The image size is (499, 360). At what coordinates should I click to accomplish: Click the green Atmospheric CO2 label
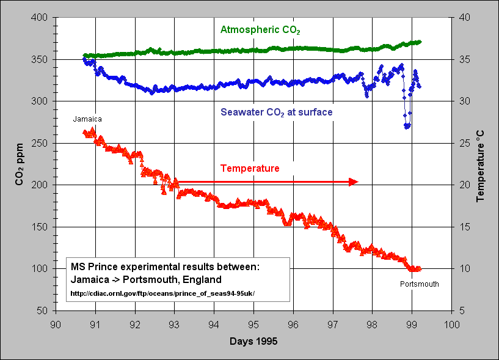[260, 29]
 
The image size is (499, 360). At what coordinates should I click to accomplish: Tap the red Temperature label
[250, 168]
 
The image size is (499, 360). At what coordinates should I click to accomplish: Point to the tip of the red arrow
[357, 182]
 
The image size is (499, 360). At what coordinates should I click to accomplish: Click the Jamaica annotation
[87, 119]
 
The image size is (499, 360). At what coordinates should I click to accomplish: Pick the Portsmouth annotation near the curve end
[419, 284]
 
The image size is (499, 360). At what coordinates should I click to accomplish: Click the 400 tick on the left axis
[40, 18]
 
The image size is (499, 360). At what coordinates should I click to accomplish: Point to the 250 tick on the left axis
[40, 143]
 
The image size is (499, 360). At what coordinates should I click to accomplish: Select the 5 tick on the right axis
[462, 310]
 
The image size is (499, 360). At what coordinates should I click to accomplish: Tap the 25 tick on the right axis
[464, 143]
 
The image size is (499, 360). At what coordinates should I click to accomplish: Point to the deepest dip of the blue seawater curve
[407, 127]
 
